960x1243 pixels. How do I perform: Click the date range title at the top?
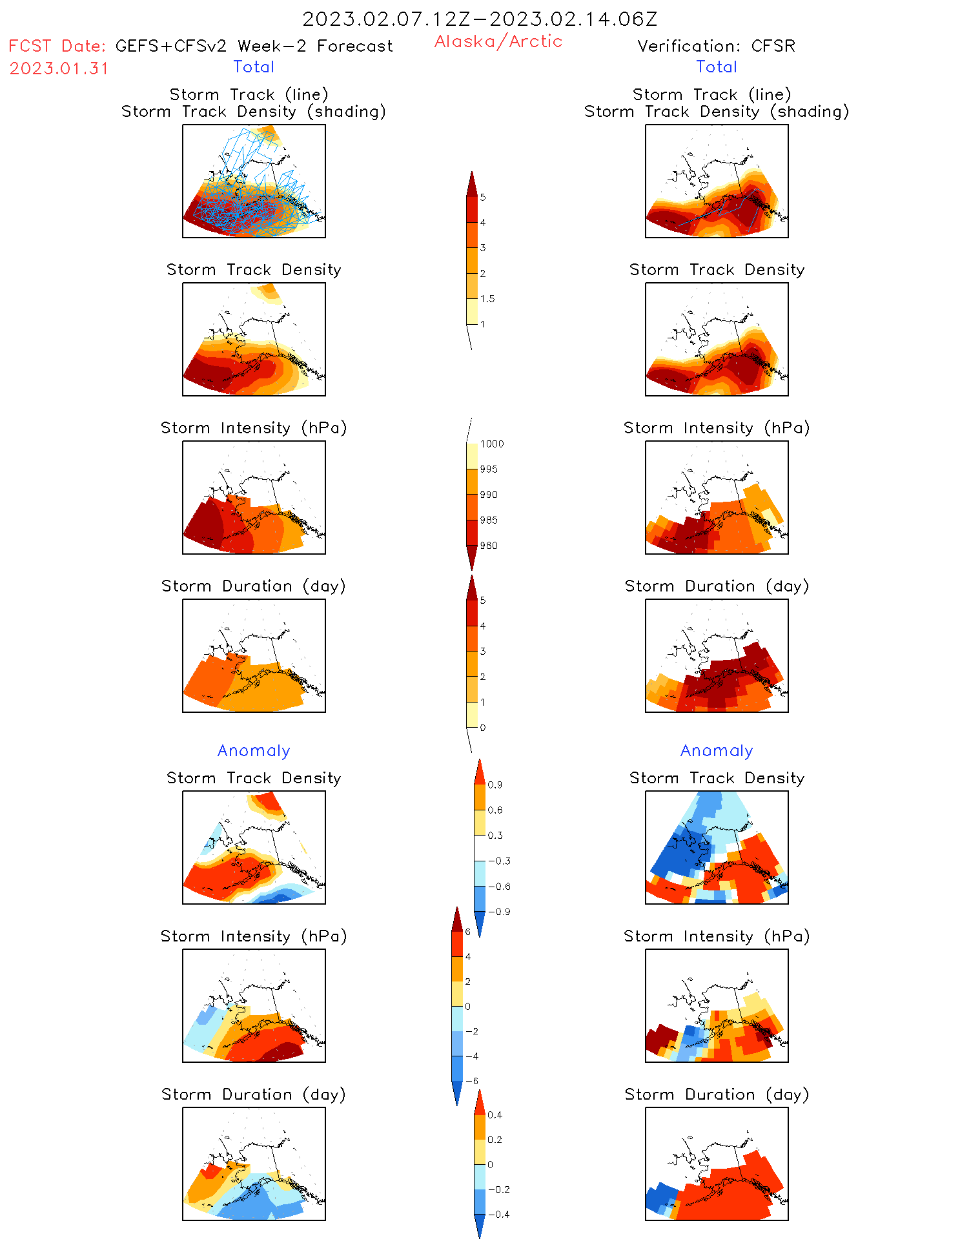(480, 19)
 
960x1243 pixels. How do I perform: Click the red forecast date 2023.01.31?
(59, 68)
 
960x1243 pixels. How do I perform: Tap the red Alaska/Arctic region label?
(498, 41)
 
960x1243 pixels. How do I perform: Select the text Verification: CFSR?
(716, 46)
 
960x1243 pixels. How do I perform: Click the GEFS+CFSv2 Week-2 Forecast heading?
(254, 46)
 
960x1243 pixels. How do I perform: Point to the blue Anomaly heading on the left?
(254, 750)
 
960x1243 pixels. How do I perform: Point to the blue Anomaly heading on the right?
(717, 750)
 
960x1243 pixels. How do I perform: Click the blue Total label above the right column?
(717, 67)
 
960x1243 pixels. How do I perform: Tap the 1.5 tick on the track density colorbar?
(487, 299)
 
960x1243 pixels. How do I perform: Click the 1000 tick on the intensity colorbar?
(491, 444)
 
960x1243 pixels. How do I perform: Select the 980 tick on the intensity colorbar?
(489, 546)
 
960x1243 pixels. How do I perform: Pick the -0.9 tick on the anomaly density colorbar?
(499, 912)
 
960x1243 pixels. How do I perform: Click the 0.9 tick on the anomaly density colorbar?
(495, 785)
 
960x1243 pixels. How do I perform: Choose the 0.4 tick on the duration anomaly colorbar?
(495, 1115)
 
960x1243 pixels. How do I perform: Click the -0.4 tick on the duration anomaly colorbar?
(498, 1215)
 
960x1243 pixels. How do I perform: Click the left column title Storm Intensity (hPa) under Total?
(254, 428)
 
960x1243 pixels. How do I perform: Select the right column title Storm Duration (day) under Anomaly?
(717, 1094)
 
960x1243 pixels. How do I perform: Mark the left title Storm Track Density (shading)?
(254, 112)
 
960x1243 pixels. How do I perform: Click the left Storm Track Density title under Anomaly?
(254, 778)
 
